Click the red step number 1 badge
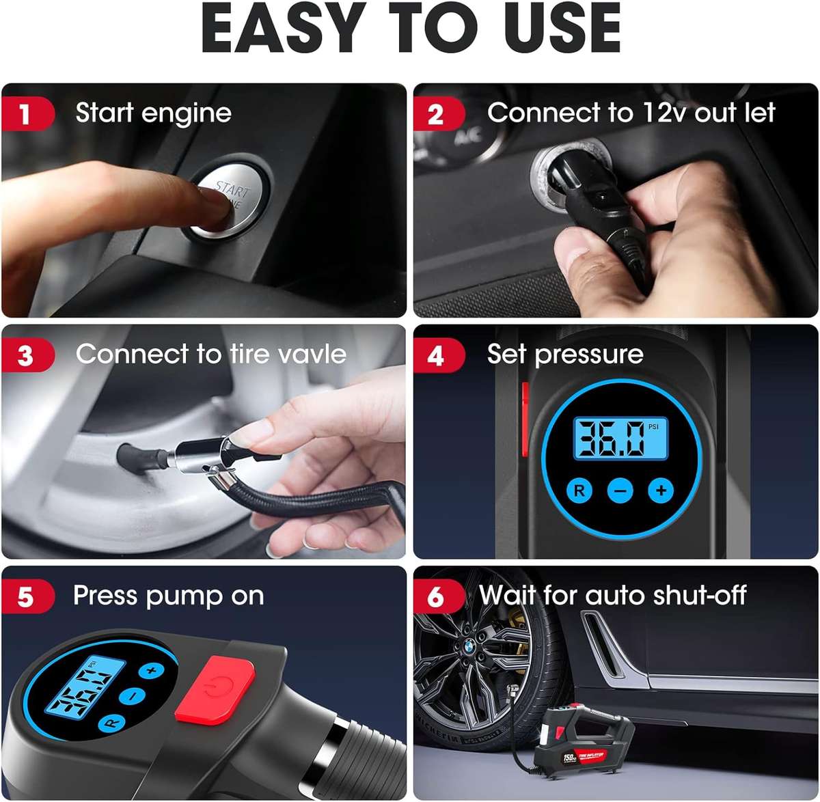[x=26, y=113]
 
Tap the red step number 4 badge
[x=436, y=356]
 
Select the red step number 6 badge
[x=436, y=597]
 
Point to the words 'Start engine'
[x=153, y=113]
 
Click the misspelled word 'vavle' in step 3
[x=312, y=355]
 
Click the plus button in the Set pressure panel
[x=661, y=490]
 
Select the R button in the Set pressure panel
[x=579, y=490]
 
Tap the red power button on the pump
[x=215, y=689]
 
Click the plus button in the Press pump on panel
[x=152, y=670]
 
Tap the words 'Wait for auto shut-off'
[x=613, y=596]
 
